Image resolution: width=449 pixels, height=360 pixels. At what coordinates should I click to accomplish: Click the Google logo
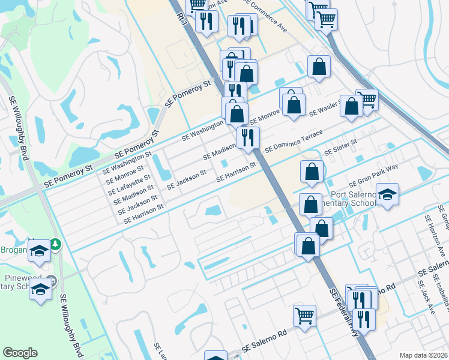click(20, 353)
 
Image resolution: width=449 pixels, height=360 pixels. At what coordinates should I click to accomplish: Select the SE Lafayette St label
click(128, 185)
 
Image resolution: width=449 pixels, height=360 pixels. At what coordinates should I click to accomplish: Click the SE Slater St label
click(340, 148)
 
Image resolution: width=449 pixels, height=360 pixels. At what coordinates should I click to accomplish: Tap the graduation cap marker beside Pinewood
click(40, 289)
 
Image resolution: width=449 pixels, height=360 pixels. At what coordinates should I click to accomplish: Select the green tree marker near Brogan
click(55, 244)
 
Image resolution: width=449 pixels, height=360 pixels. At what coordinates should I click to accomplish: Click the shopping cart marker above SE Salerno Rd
click(305, 315)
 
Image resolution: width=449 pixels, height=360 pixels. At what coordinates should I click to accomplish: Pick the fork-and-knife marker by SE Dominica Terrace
click(247, 137)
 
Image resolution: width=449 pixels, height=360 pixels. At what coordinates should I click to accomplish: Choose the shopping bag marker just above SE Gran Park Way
click(312, 172)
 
